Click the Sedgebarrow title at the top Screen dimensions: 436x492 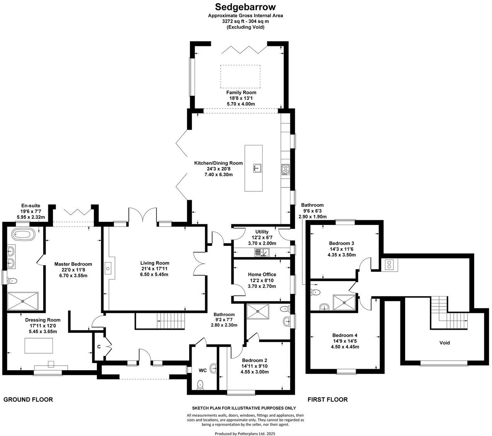(x=245, y=7)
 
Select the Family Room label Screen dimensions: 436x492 (x=241, y=93)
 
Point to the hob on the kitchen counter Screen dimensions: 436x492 (x=285, y=170)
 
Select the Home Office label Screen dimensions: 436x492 (x=262, y=274)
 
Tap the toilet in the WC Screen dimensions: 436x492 (x=200, y=384)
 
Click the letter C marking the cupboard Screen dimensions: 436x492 (x=99, y=347)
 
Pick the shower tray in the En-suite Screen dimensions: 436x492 (x=23, y=301)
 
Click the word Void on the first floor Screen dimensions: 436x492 (x=444, y=342)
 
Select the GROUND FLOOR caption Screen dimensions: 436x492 (x=28, y=400)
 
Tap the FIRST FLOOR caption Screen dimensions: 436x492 (x=327, y=400)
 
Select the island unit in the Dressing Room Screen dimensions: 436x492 (x=39, y=345)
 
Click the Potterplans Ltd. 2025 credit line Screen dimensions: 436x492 (x=245, y=434)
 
